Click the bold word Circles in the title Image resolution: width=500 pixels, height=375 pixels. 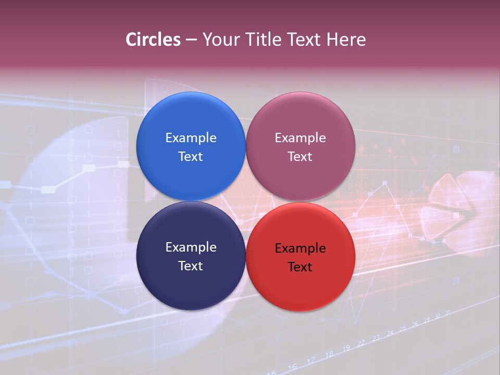(153, 40)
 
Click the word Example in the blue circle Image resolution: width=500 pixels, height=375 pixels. (191, 137)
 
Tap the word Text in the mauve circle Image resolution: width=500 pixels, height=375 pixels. (300, 156)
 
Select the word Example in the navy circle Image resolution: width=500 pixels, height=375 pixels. (191, 247)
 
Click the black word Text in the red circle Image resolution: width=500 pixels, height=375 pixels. (300, 267)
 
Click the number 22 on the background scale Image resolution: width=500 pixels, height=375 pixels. (361, 343)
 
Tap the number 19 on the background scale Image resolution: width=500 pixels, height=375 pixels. (346, 348)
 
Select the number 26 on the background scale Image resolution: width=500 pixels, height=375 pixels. (415, 324)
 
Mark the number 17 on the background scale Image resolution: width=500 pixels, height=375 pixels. (311, 360)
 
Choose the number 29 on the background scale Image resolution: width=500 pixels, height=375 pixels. (427, 320)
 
